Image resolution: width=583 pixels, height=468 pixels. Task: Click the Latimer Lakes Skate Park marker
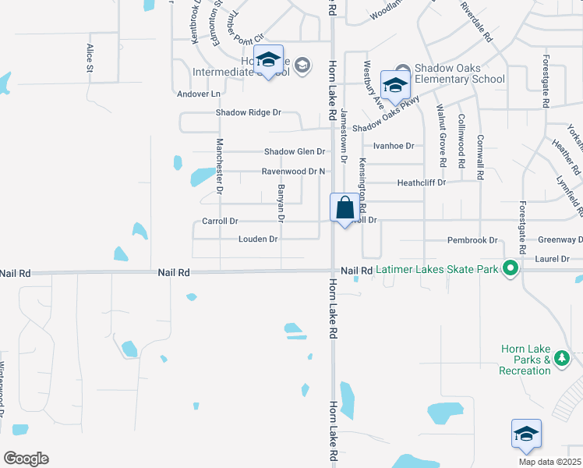[x=511, y=269]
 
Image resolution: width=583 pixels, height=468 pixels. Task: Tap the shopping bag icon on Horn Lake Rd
[x=345, y=209]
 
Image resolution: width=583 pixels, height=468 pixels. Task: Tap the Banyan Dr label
[x=278, y=201]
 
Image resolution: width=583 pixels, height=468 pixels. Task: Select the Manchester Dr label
[x=220, y=165]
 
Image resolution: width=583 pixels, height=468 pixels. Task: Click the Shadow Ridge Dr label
[x=249, y=112]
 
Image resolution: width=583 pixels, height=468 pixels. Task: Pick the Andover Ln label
[x=200, y=94]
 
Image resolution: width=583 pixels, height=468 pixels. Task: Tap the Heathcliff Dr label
[x=421, y=183]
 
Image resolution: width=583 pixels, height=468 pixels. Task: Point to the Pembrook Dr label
[x=472, y=240]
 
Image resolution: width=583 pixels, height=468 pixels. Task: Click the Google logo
[x=26, y=459]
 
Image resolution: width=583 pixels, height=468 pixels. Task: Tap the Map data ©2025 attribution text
[x=549, y=462]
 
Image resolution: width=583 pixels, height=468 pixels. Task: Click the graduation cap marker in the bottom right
[x=526, y=434]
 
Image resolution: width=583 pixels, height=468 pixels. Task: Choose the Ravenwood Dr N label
[x=293, y=171]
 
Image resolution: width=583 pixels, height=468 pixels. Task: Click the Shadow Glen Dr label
[x=294, y=151]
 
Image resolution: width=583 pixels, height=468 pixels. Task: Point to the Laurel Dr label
[x=554, y=258]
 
